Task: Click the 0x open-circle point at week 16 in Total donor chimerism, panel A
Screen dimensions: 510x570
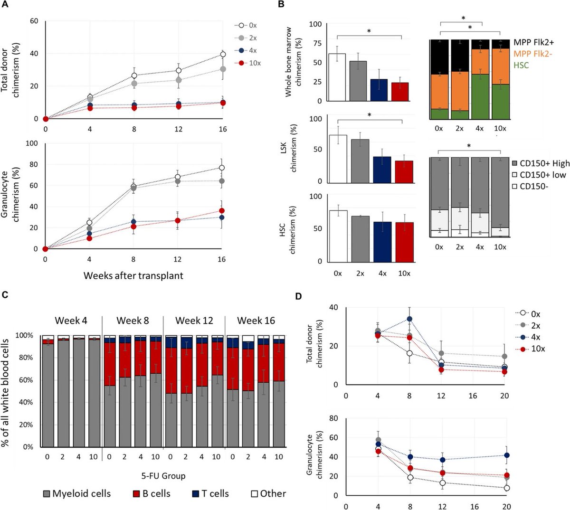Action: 222,55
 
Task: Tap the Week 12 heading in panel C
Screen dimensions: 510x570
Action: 194,321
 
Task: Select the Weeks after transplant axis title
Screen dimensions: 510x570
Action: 133,275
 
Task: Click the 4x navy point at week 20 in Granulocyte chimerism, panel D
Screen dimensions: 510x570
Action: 507,455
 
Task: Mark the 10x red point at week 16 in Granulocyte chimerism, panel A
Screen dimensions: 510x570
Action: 222,210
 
